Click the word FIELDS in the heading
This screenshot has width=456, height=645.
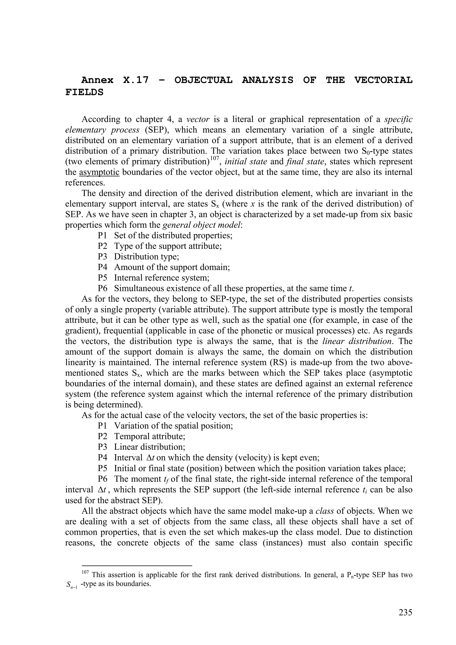84,92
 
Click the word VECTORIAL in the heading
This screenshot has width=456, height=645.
383,80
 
